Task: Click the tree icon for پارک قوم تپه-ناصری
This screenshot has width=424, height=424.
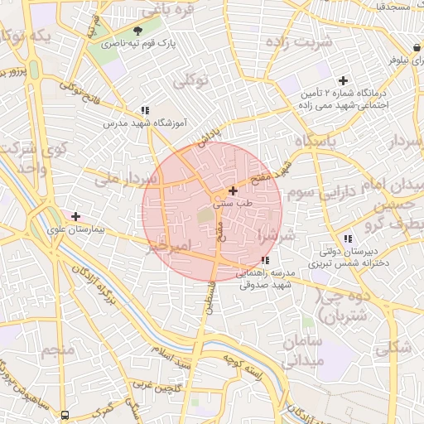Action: [137, 30]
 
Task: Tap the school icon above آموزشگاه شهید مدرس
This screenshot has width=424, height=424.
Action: [145, 109]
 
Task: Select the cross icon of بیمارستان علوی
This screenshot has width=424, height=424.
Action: [76, 215]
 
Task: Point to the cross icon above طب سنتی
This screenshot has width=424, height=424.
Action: [233, 191]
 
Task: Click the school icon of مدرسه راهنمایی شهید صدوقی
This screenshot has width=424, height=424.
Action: [264, 261]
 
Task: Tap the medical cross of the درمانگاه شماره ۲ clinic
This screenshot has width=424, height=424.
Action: [343, 80]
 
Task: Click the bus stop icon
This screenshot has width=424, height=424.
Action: [65, 414]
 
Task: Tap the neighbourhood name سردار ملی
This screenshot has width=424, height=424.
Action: [125, 177]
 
